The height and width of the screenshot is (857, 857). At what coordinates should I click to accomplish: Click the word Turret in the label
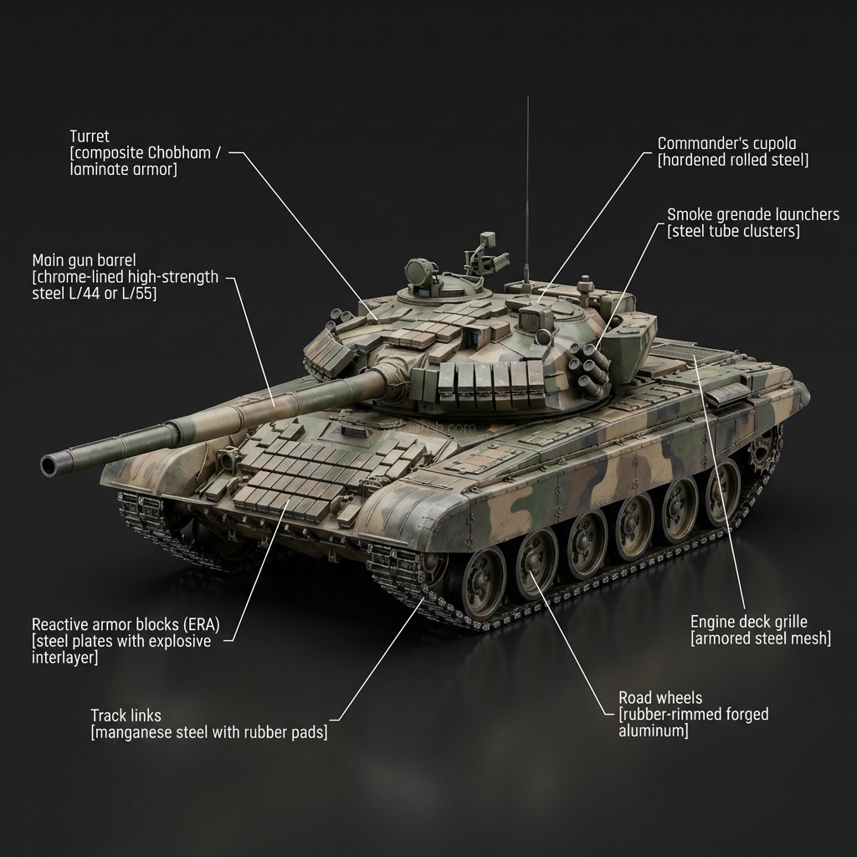(90, 136)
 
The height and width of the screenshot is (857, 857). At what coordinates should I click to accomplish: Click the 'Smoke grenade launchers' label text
(752, 214)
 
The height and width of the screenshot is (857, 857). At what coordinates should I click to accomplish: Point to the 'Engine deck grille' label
(748, 621)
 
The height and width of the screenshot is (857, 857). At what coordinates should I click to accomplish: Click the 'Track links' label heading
(126, 716)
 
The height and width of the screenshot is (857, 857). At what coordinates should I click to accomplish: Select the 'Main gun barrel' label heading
(84, 259)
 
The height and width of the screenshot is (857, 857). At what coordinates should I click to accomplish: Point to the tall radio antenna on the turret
(527, 184)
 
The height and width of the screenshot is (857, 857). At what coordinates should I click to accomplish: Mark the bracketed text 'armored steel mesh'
(760, 639)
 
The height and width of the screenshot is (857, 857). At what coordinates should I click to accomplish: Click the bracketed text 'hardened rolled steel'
(733, 161)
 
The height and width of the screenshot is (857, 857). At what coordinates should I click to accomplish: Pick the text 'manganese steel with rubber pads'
(208, 733)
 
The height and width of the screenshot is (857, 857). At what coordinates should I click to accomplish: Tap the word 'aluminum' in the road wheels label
(653, 731)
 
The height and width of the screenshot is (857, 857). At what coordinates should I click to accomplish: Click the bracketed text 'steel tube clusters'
(733, 231)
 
